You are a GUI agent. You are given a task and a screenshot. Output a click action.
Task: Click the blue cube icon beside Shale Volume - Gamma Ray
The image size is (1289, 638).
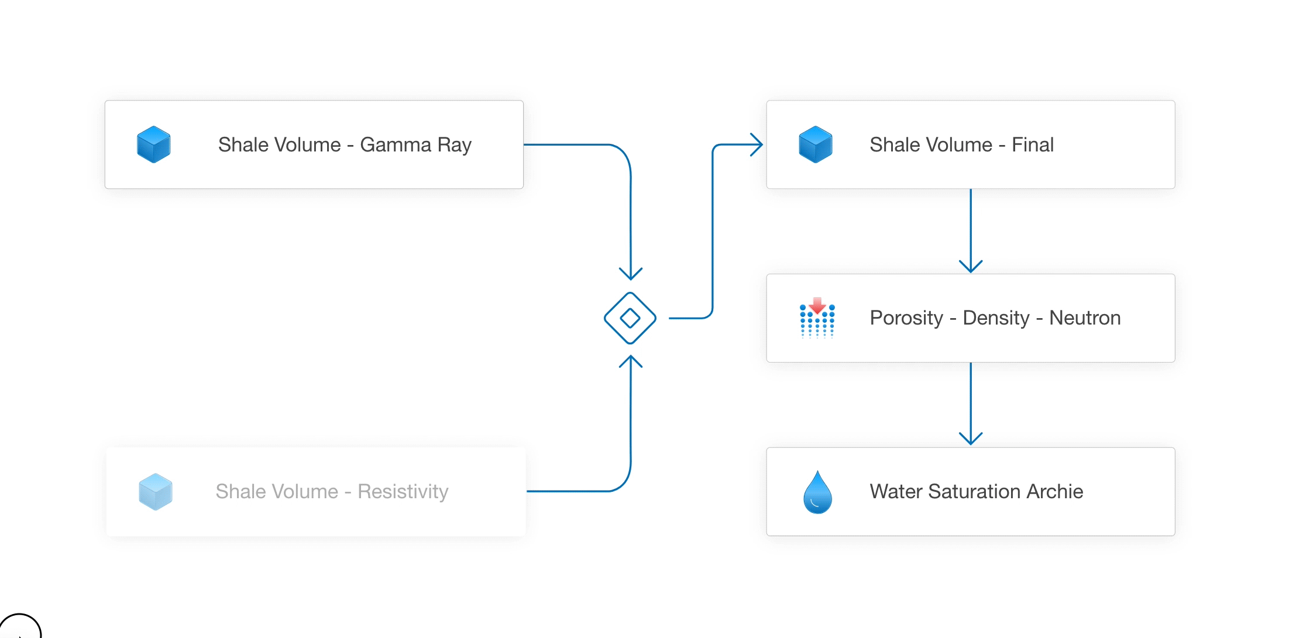[154, 144]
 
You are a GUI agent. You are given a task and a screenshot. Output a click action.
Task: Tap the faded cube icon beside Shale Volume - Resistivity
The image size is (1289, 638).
[156, 492]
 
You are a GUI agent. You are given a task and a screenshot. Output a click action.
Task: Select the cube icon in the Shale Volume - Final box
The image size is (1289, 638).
[816, 144]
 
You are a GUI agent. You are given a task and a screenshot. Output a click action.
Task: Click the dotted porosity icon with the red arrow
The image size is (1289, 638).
[817, 318]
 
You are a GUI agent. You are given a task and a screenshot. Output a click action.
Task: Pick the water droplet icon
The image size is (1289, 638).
[818, 492]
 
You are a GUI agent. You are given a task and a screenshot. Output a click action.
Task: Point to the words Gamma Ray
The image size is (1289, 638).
[415, 144]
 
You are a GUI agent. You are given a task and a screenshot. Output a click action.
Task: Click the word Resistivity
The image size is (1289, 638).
[403, 491]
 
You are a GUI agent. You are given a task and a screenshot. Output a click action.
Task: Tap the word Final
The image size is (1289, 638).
[1033, 144]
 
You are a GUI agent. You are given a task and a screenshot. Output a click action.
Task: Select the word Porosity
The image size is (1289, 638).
[906, 318]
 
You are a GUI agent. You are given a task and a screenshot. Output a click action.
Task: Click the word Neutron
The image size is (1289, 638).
[1085, 318]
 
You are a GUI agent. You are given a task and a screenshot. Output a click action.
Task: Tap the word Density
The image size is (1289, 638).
[996, 318]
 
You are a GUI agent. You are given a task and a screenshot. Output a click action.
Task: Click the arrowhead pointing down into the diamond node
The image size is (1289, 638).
[631, 273]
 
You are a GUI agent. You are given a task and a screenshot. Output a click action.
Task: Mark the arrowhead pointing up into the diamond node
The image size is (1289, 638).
[631, 361]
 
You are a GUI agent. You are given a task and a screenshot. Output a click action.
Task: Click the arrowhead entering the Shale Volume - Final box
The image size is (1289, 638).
[757, 144]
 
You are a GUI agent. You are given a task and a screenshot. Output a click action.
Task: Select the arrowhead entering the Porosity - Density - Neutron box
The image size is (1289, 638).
[971, 266]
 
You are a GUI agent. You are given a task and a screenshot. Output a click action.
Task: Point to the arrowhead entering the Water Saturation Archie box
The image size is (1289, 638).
[971, 439]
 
